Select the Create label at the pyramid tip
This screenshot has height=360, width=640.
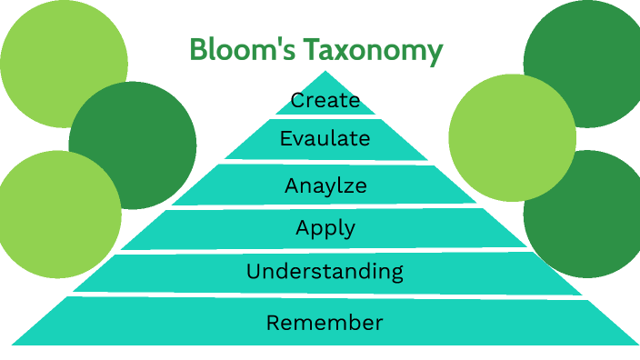coord(325,100)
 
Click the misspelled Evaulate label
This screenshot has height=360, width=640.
coord(325,139)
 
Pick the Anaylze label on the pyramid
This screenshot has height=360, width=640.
coord(325,186)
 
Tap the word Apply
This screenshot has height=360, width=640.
coord(325,228)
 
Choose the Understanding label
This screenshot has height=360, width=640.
coord(325,271)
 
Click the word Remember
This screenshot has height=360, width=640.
coord(325,322)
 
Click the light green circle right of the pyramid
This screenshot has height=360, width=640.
coord(512,136)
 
